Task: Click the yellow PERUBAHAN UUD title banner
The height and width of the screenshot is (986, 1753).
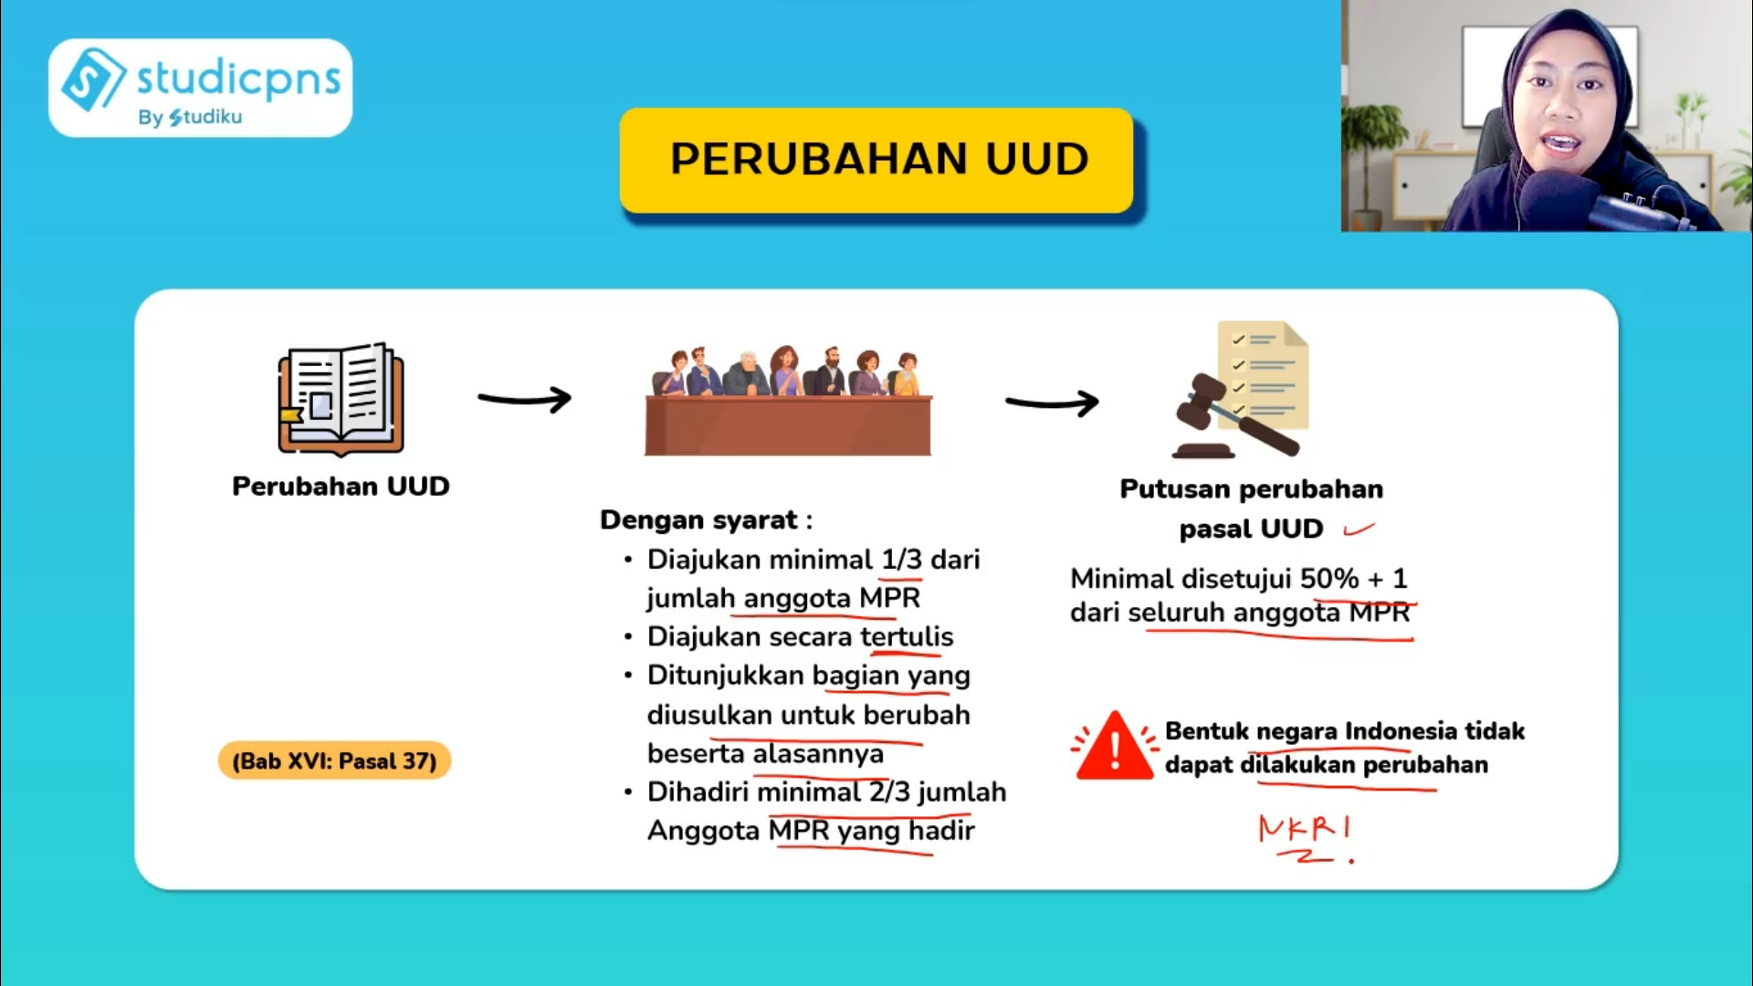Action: [x=876, y=160]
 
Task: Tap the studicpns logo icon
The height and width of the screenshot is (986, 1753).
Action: [x=92, y=79]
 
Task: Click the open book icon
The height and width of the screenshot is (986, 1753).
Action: [x=341, y=399]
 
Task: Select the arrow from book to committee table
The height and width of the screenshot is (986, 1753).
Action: [x=525, y=399]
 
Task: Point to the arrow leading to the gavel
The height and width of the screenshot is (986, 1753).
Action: [x=1052, y=403]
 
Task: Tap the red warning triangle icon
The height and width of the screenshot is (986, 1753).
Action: [x=1115, y=747]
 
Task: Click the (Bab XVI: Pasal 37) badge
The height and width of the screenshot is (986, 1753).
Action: [x=334, y=760]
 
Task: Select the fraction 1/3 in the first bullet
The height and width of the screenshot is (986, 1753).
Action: [x=901, y=559]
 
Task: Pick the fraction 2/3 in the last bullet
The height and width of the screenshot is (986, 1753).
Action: [x=889, y=792]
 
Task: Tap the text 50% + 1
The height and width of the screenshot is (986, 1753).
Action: [x=1353, y=578]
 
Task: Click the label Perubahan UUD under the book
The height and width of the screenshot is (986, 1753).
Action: [x=341, y=486]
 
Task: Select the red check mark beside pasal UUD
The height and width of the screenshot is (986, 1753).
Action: [x=1359, y=529]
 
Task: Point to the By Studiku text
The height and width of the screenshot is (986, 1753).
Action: [x=190, y=117]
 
